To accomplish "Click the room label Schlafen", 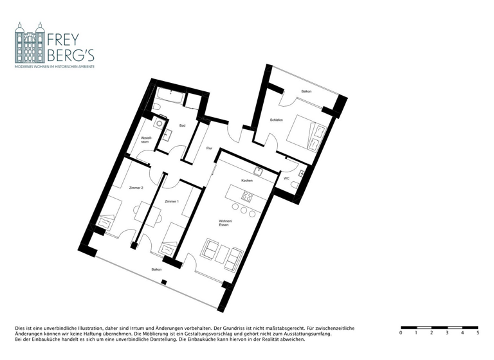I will coord(277,120).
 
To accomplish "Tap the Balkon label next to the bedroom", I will coord(306,91).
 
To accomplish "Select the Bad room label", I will coord(183,125).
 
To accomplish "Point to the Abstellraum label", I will coord(145,139).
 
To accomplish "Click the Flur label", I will coord(209,148).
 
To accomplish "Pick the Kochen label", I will coord(247,181).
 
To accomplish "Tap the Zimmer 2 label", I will coord(136,187).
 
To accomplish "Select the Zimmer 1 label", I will coord(172,202).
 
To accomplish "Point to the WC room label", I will coord(286,178).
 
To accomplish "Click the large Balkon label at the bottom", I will coord(156,269).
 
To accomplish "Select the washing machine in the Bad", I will coord(159,122).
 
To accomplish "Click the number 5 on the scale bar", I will coord(478,333).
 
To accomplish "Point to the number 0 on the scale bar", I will coord(401,333).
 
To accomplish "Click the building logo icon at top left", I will coord(30,43).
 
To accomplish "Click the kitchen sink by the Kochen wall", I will coord(258,170).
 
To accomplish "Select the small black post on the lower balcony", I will coord(165,282).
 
